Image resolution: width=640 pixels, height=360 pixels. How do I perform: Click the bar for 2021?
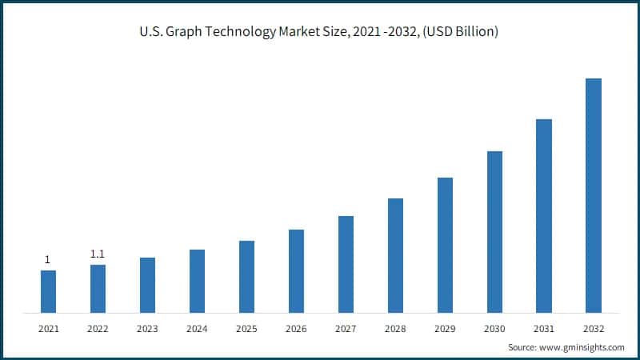tap(48, 291)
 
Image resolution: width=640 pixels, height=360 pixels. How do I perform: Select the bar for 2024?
tap(197, 281)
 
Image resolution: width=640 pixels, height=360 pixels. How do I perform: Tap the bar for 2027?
tap(346, 264)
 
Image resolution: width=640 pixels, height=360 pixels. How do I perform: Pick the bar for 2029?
tap(445, 245)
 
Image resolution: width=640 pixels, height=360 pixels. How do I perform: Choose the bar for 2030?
tap(494, 231)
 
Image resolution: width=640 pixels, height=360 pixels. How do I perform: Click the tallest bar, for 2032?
tap(594, 195)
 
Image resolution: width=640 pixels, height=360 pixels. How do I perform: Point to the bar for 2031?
tap(544, 215)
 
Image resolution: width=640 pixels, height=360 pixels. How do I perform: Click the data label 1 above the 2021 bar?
tap(47, 259)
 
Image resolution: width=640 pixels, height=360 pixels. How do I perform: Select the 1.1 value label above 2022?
tap(98, 254)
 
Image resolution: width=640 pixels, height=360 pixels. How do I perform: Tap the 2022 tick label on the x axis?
tap(98, 329)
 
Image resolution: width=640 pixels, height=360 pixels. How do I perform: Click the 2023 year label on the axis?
tap(147, 329)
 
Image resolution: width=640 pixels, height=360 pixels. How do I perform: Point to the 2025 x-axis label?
tap(246, 329)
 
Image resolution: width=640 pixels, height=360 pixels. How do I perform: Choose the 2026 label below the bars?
tap(296, 329)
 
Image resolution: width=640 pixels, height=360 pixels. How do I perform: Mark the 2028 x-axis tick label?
tap(395, 329)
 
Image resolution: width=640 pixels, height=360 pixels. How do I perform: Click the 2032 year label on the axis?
tap(594, 329)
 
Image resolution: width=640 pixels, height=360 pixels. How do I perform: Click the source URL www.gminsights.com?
tap(583, 348)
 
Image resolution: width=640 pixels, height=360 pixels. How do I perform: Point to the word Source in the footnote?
tap(523, 348)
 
